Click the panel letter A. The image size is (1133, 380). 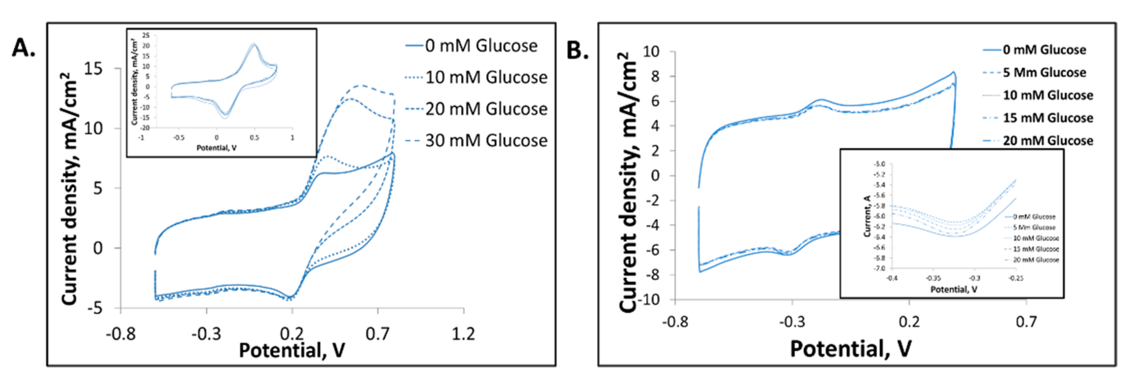click(23, 47)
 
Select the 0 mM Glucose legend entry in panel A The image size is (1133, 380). click(480, 46)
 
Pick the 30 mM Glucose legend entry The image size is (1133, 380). click(486, 140)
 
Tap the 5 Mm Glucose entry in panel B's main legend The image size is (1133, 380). click(1044, 73)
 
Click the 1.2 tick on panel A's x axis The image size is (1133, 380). click(463, 334)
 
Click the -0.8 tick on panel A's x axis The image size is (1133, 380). click(121, 334)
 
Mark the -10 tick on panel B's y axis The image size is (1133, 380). click(648, 300)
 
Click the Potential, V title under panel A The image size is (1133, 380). click(292, 350)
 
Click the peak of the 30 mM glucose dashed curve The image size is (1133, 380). click(361, 85)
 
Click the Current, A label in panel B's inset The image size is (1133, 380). click(867, 216)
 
